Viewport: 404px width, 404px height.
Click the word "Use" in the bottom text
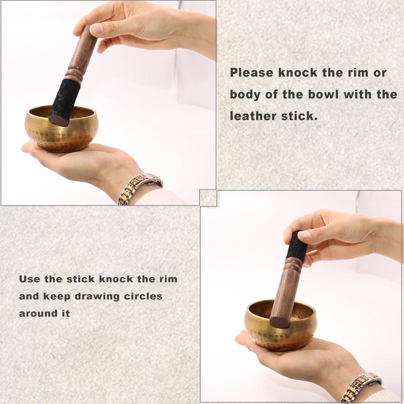[x=29, y=279]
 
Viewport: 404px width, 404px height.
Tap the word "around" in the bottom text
[x=33, y=314]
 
